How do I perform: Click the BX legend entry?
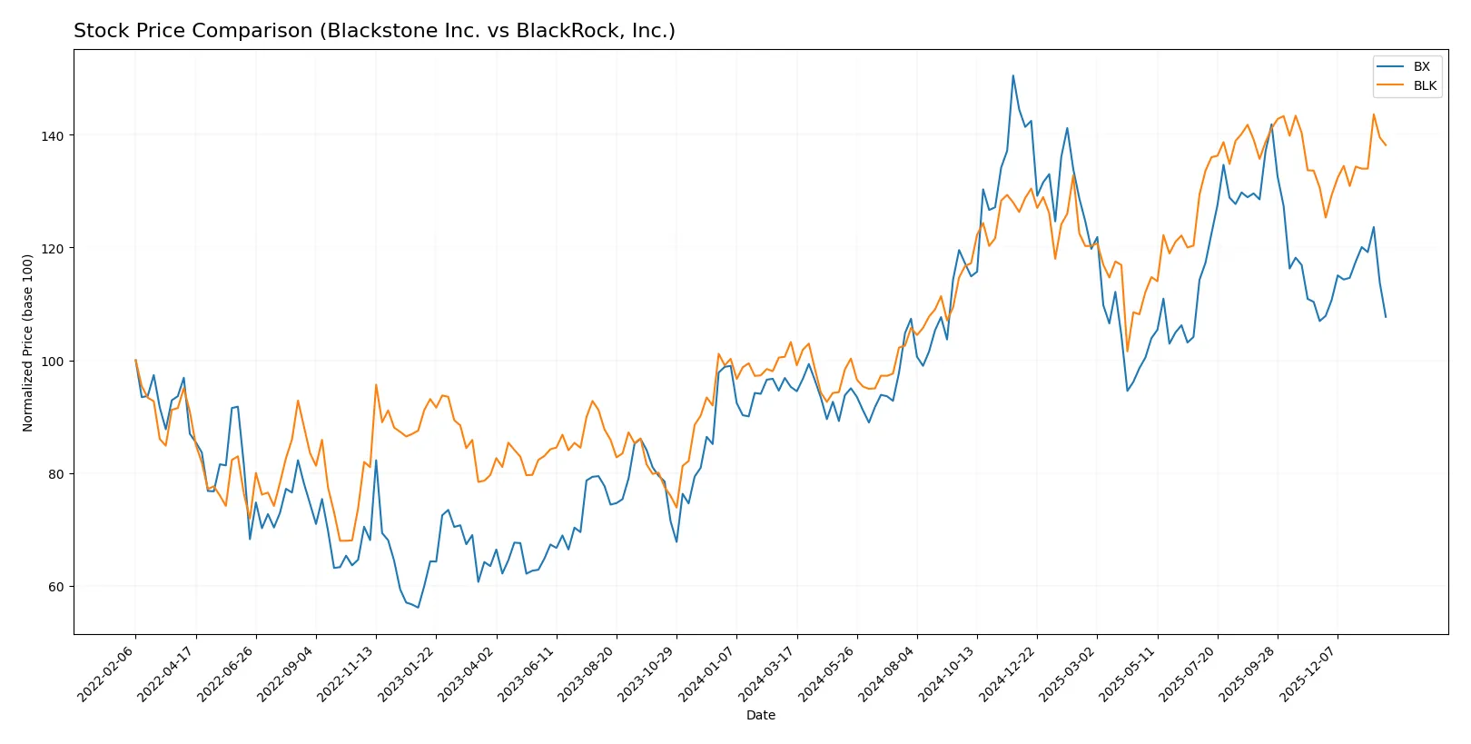(x=1421, y=66)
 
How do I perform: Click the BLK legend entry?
(x=1424, y=85)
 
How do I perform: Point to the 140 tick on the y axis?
(x=52, y=135)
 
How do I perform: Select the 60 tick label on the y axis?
(x=55, y=587)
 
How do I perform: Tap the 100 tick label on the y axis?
(x=52, y=362)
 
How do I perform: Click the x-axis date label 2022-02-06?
(x=107, y=673)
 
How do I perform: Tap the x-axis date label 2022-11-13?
(x=348, y=673)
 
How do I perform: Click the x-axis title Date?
(x=760, y=715)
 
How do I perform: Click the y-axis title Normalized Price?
(x=28, y=342)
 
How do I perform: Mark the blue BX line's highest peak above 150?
(x=1013, y=75)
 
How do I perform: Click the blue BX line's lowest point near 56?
(x=418, y=607)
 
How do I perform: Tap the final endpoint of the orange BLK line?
(x=1386, y=145)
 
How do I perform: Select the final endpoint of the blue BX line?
(x=1386, y=317)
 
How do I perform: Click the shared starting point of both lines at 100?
(x=136, y=361)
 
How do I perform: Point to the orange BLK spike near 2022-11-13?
(x=376, y=385)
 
